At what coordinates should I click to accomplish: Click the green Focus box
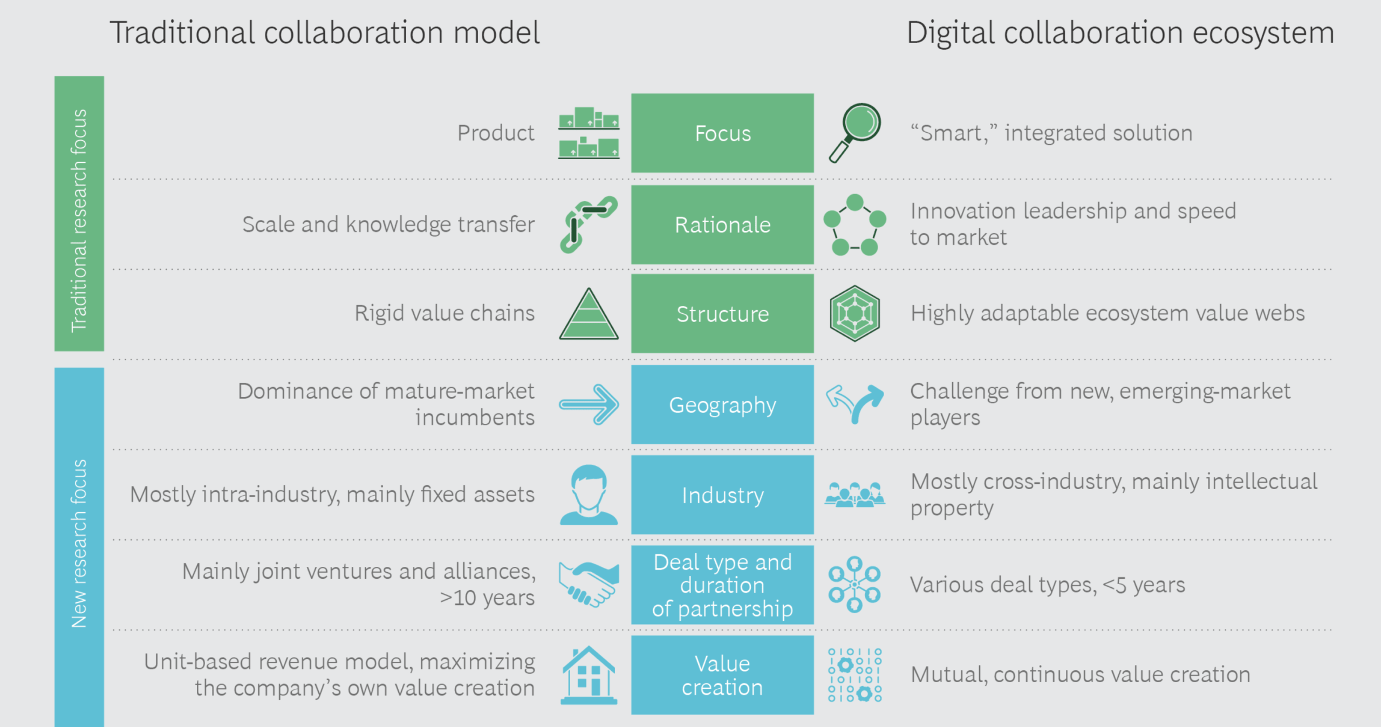[722, 133]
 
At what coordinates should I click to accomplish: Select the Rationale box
[722, 225]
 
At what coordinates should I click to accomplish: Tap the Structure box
[722, 313]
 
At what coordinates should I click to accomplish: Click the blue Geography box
[722, 404]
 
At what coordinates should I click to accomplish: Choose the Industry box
[722, 495]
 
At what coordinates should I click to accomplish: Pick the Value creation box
[722, 675]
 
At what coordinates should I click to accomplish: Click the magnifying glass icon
[854, 132]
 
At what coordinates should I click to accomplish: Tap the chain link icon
[588, 224]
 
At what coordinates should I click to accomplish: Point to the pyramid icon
[589, 314]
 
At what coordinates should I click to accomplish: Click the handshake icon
[588, 584]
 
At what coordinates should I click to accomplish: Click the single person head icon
[588, 495]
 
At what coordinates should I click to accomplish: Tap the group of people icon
[854, 495]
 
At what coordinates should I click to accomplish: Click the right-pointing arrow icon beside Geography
[589, 404]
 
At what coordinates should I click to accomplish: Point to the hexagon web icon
[854, 313]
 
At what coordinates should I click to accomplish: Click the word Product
[495, 133]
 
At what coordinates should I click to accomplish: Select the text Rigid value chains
[444, 313]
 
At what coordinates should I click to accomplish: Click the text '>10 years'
[487, 598]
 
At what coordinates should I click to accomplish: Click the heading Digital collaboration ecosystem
[1120, 33]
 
